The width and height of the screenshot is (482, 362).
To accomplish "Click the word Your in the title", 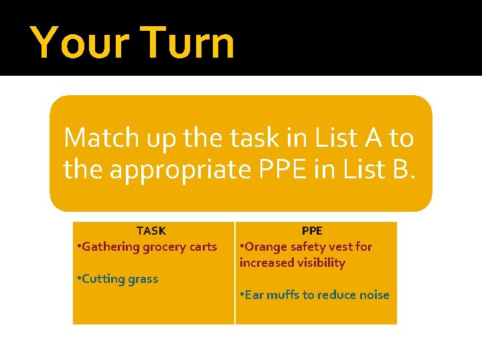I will [x=81, y=42].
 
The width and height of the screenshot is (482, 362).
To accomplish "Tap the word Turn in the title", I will [x=189, y=42].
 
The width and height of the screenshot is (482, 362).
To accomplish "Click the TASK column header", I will [x=151, y=231].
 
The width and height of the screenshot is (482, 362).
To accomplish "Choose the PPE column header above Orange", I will [x=312, y=231].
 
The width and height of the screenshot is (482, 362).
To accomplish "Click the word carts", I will [x=203, y=247].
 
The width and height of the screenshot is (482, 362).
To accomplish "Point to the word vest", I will [x=342, y=247].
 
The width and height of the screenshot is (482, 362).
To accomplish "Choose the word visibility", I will [x=314, y=263].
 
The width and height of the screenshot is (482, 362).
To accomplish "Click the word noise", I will [x=374, y=295].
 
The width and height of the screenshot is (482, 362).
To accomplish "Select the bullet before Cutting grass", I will [x=78, y=278].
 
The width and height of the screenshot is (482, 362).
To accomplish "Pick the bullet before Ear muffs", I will [x=242, y=294].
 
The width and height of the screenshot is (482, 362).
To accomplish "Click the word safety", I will [x=309, y=247].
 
